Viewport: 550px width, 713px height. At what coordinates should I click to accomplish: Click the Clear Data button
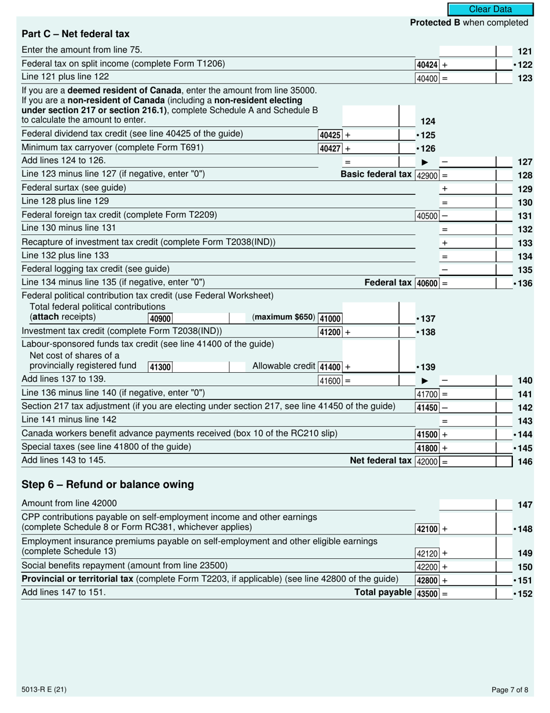click(490, 9)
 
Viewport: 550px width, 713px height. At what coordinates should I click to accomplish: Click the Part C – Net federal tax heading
click(75, 34)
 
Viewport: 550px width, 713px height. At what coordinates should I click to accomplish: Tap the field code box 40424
click(427, 65)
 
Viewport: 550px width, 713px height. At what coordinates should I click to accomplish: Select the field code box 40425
click(329, 135)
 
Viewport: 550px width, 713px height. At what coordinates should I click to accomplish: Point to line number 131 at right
click(524, 216)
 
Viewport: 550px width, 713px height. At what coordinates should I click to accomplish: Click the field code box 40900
click(160, 318)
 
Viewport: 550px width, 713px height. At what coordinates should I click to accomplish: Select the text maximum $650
click(284, 318)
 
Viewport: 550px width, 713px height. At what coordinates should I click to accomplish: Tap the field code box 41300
click(160, 366)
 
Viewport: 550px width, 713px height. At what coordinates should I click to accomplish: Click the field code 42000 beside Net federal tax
click(427, 461)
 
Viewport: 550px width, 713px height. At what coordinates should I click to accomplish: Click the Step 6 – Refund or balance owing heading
click(108, 484)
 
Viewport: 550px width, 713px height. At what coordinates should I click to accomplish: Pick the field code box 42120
click(427, 554)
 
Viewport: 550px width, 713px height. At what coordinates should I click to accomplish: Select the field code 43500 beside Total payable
click(427, 594)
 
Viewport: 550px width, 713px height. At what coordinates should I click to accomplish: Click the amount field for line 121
click(467, 51)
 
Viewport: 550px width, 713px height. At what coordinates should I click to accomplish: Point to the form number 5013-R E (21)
click(43, 690)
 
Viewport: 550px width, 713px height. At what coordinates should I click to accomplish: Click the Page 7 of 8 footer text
click(509, 690)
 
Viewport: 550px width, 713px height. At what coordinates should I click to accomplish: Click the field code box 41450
click(427, 408)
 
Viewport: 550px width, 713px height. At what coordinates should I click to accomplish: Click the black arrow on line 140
click(424, 381)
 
